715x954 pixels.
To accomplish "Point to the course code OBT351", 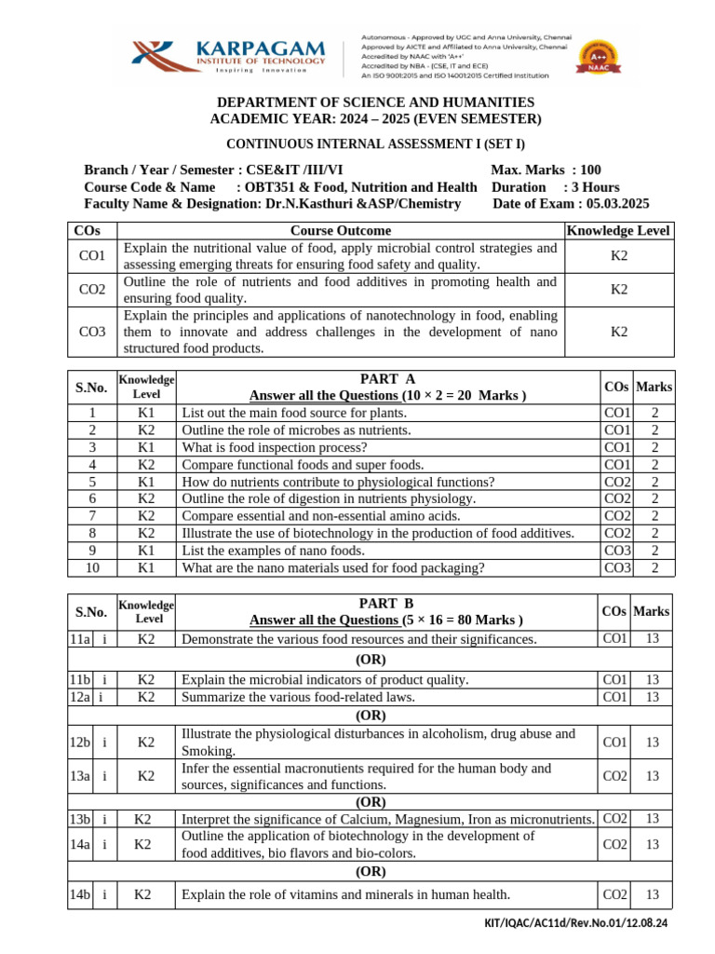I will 274,187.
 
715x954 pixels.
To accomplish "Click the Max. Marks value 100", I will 589,170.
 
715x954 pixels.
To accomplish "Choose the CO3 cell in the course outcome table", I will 92,332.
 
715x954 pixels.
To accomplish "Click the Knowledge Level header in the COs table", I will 618,230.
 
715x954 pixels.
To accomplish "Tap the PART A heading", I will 386,378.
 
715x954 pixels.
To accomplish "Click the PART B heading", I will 386,604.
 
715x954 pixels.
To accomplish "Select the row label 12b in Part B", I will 79,743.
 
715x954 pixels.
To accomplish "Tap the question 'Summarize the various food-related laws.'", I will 298,697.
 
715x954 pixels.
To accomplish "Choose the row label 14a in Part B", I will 79,844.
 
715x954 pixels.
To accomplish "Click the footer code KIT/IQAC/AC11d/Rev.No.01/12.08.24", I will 576,923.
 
